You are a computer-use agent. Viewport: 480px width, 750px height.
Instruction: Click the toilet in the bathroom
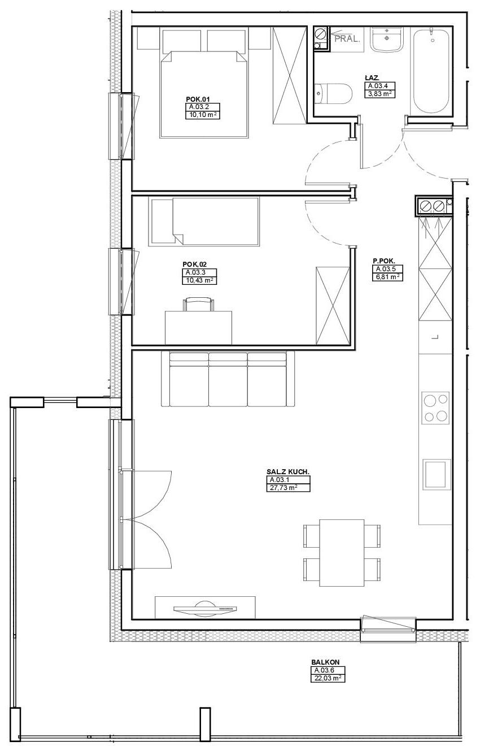[334, 93]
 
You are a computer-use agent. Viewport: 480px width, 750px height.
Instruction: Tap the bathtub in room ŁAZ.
[431, 71]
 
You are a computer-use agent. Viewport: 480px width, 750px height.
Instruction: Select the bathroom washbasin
[387, 39]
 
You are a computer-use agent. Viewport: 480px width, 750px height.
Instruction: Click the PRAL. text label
[347, 39]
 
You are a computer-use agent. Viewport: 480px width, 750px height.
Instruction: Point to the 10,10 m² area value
[203, 115]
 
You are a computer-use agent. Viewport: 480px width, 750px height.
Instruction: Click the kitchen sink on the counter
[436, 474]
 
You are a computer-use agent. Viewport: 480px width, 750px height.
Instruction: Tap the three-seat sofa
[228, 379]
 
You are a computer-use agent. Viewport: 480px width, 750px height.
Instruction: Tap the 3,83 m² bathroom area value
[379, 94]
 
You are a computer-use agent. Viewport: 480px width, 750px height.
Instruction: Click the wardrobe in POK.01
[290, 75]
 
